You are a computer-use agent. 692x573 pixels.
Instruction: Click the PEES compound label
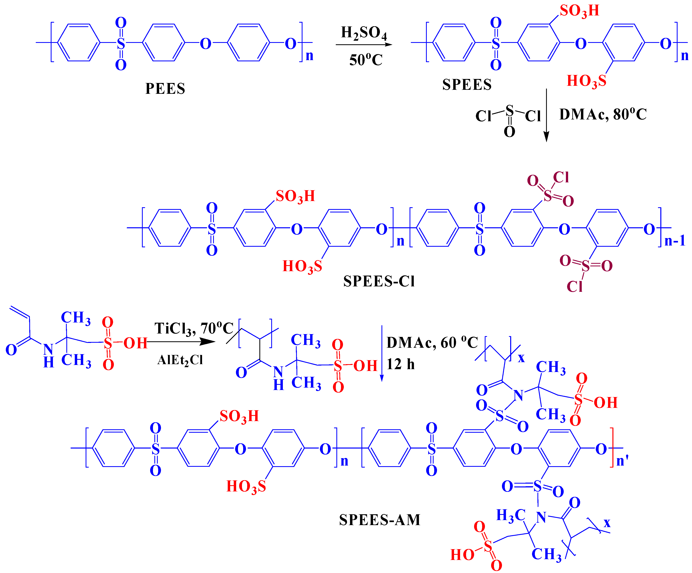165,89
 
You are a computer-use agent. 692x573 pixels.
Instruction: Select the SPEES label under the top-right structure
467,85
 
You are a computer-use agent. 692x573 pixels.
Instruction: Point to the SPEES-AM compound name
380,520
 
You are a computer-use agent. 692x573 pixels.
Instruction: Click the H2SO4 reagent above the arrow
364,33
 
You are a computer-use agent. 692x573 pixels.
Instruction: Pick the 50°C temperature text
366,60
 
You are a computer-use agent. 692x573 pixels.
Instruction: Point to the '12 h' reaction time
400,364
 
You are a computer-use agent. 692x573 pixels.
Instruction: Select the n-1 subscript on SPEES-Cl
675,241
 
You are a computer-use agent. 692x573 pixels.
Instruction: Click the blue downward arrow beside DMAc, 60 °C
382,377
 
